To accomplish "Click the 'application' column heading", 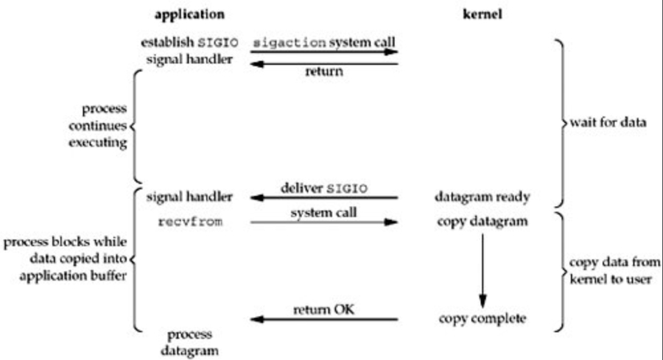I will (x=190, y=14).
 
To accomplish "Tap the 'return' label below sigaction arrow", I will (x=325, y=71).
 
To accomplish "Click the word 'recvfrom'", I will (x=191, y=221).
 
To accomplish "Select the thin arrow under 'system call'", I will (x=324, y=221).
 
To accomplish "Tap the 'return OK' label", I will (x=324, y=309).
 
